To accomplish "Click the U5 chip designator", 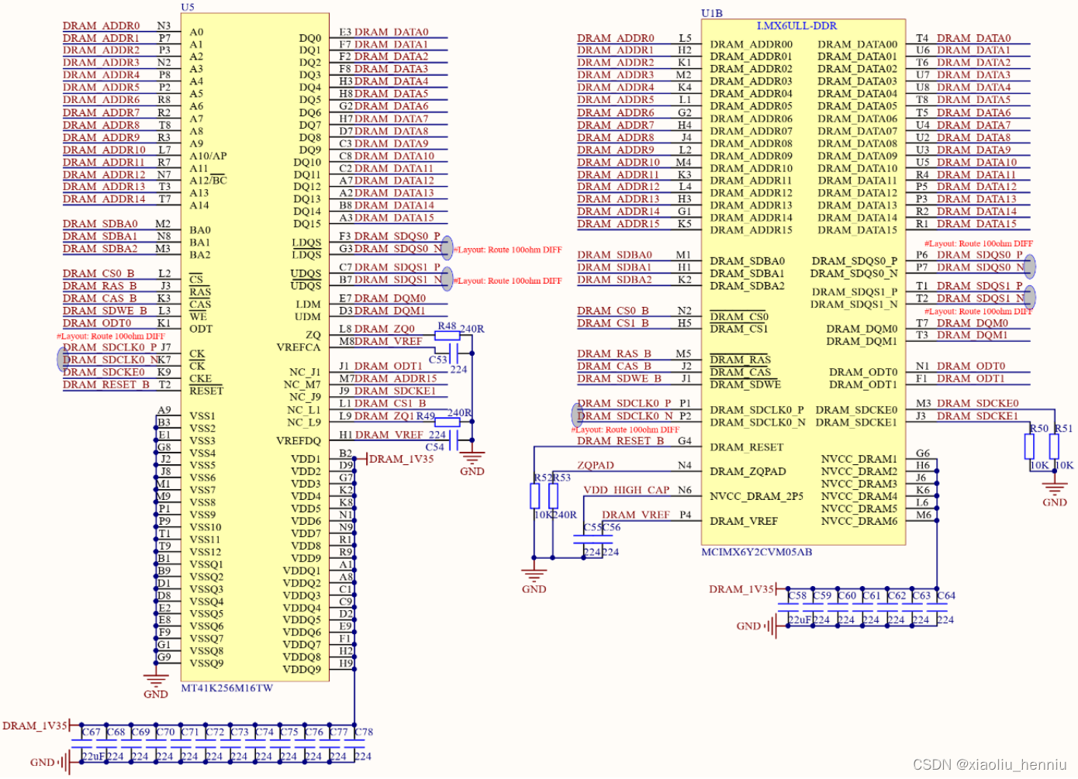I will (188, 7).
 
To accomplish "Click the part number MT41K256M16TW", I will (226, 688).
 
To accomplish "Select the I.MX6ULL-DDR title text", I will (796, 26).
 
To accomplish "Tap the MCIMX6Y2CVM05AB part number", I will (756, 552).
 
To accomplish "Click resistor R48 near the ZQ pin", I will (447, 336).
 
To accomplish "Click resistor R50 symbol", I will (1029, 446).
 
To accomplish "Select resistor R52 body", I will (535, 496).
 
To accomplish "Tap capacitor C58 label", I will (797, 596).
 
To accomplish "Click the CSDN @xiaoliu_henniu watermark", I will (989, 764).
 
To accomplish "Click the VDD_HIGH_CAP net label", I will (626, 490).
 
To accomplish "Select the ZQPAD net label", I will (595, 465).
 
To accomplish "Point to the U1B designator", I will (711, 13).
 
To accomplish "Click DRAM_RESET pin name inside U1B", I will (746, 447).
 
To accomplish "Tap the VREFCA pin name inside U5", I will (298, 347).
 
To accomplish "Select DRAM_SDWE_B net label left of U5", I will (105, 311).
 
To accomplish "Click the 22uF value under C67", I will (93, 757).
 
